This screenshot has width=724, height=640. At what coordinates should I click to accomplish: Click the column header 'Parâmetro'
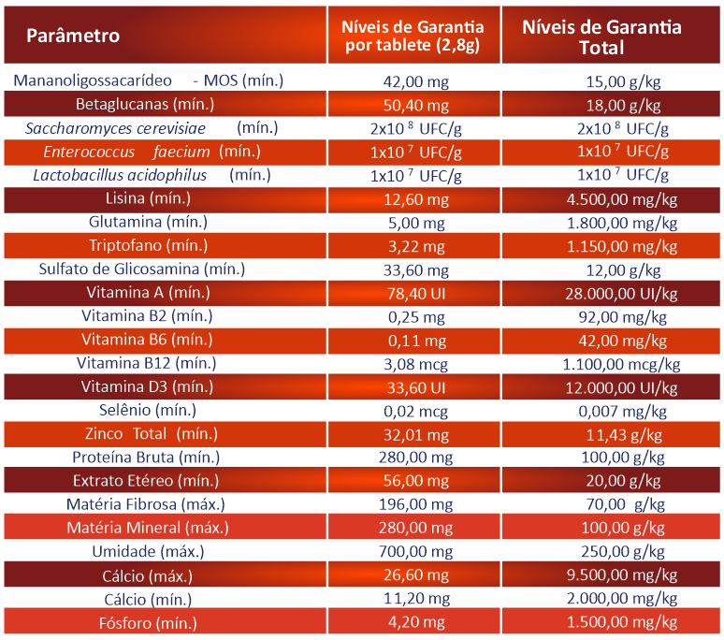[x=73, y=36]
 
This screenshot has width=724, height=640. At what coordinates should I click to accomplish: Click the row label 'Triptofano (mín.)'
[x=148, y=246]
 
